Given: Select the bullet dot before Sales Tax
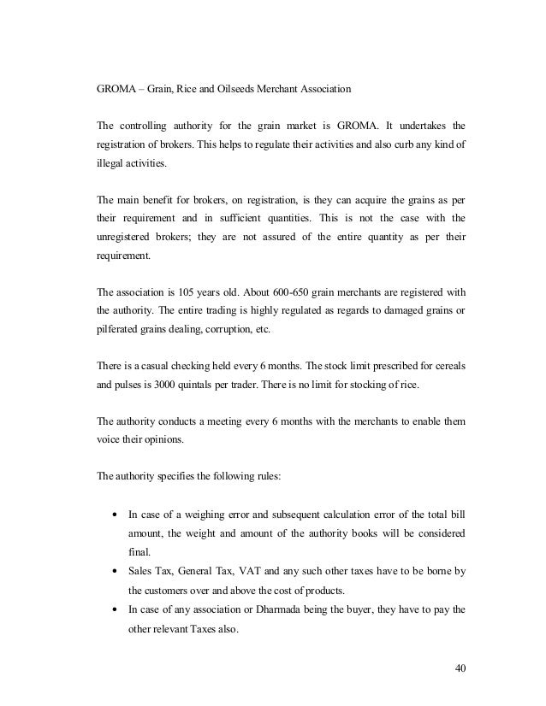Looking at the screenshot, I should click(114, 571).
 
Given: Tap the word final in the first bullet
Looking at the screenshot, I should click(138, 552).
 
